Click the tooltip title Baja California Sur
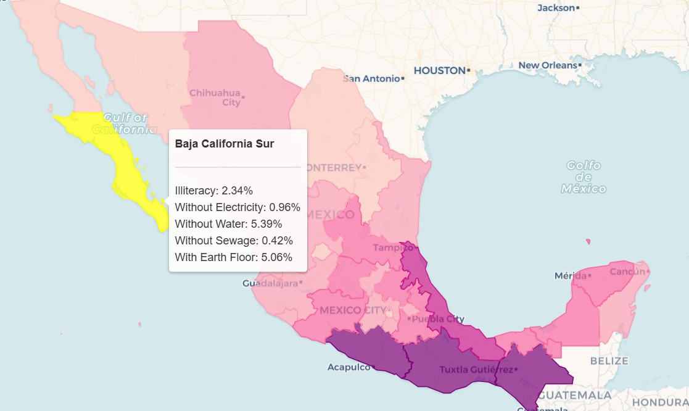click(x=225, y=144)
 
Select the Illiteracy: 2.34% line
click(x=213, y=191)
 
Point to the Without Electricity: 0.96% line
click(x=237, y=207)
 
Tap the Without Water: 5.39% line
click(x=228, y=224)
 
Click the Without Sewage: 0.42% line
click(x=234, y=241)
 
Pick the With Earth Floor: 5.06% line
click(x=233, y=257)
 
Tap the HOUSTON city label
click(x=439, y=71)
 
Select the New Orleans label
click(x=547, y=65)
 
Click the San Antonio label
click(x=372, y=78)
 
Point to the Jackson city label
click(x=556, y=8)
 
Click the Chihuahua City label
click(x=215, y=98)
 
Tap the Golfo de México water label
click(x=584, y=177)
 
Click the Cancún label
click(x=627, y=272)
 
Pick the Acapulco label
click(x=349, y=367)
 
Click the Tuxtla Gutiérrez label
click(x=476, y=370)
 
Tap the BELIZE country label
click(x=609, y=360)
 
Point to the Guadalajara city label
click(x=270, y=283)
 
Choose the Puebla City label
click(x=438, y=319)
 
